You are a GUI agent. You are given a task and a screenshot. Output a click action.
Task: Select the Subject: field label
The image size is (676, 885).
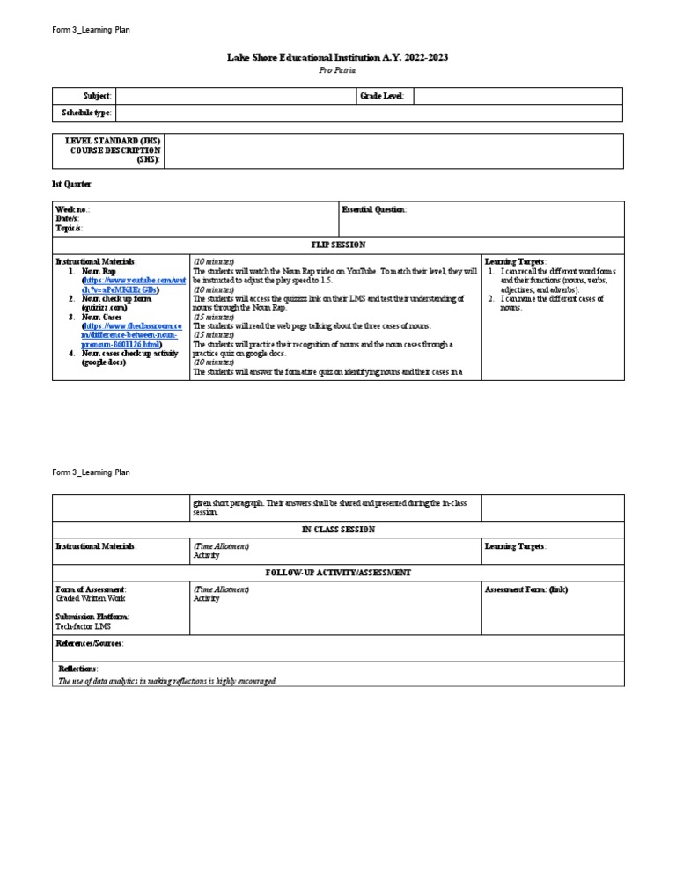pos(97,95)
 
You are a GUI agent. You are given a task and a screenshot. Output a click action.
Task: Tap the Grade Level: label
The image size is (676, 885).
pos(381,95)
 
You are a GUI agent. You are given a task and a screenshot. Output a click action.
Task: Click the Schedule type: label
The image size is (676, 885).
pos(86,113)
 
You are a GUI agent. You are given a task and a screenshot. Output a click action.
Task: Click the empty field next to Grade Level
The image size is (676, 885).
pos(517,95)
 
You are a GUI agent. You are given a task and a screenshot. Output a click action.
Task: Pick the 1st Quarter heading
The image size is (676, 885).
pos(71,183)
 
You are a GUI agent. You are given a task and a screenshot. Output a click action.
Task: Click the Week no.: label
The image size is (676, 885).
pos(72,209)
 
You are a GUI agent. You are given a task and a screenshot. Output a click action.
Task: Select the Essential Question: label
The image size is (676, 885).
pos(374,209)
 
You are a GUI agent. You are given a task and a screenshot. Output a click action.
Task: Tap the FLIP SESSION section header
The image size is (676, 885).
pos(338,245)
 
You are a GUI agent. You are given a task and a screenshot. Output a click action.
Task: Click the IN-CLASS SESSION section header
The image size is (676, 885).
pos(338,530)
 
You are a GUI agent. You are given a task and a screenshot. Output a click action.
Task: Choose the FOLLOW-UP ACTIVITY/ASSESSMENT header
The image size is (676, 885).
pos(338,572)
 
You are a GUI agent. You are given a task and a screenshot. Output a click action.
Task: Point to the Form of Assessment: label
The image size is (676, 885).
pos(91,589)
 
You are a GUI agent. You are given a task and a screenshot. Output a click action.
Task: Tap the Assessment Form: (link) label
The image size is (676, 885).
pos(526,589)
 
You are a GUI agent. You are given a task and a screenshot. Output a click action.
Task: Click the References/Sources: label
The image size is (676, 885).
pos(90,643)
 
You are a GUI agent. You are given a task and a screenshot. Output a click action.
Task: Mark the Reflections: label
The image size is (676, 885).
pos(77,669)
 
